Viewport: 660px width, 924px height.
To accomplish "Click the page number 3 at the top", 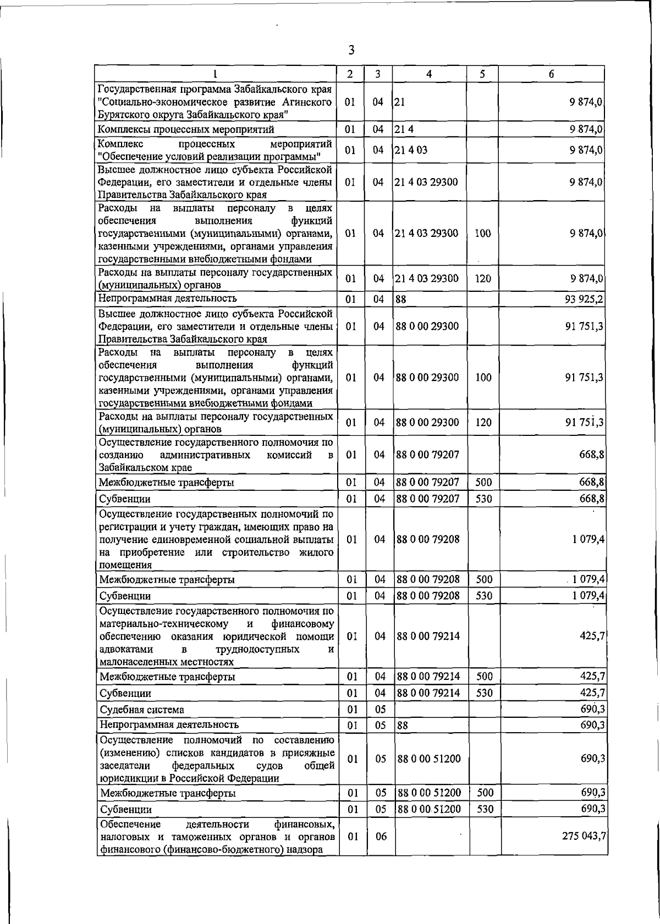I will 351,51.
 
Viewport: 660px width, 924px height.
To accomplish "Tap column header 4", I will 429,74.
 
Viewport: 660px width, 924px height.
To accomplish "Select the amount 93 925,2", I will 584,299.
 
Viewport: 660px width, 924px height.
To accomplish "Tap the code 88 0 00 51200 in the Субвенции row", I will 428,809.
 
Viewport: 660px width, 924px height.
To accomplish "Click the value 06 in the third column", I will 381,851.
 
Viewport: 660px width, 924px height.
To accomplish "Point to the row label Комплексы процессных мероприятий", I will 185,130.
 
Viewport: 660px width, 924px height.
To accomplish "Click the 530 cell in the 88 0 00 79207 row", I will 483,499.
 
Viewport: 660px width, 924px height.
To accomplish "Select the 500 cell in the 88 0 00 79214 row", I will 483,676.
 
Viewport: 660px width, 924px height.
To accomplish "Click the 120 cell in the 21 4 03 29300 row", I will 482,279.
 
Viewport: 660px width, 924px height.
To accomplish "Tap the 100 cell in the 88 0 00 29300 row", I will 482,378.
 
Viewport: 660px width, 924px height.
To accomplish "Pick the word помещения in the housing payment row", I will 124,565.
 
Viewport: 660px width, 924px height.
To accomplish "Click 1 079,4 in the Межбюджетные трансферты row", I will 588,579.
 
